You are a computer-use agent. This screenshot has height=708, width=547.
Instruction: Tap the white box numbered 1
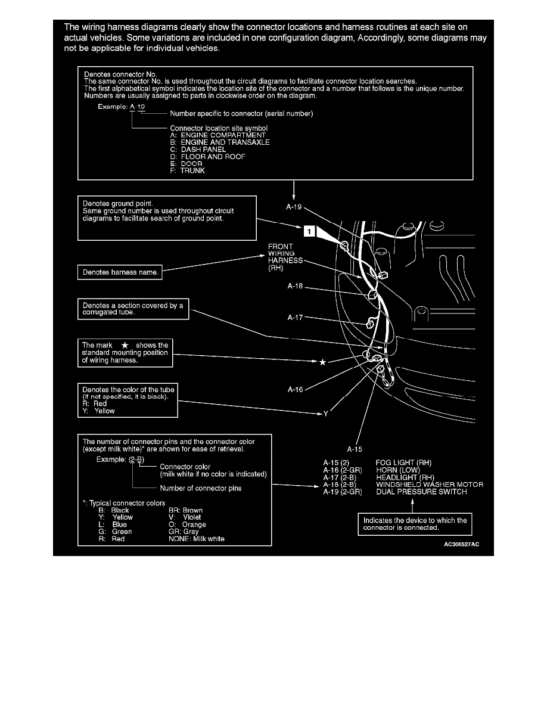pos(309,232)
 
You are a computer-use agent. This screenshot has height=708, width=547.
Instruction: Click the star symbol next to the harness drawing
pos(322,362)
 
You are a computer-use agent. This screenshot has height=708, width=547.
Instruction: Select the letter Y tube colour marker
pos(326,413)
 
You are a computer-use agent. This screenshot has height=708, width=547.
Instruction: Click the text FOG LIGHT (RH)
pos(403,462)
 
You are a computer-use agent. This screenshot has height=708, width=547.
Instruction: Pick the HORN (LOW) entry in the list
pos(398,470)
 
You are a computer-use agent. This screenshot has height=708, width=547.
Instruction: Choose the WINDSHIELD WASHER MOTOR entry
pos(430,485)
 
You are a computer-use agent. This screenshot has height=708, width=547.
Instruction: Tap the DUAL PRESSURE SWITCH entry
pos(421,492)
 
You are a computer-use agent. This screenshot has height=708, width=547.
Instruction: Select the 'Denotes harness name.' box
pos(119,273)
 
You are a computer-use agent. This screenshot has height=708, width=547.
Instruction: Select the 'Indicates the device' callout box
pos(415,524)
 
